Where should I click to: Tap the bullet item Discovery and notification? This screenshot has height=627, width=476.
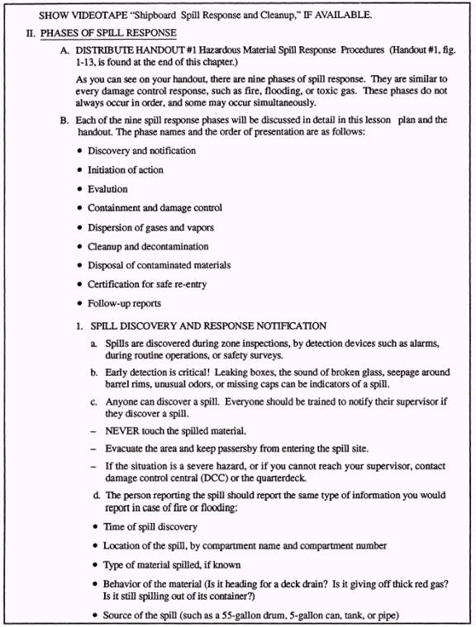click(141, 150)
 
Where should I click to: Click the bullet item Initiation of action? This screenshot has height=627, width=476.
click(126, 169)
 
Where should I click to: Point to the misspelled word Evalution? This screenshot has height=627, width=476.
click(107, 188)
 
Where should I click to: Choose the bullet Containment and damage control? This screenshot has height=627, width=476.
click(155, 207)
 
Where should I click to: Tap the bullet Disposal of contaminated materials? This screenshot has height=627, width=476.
click(159, 265)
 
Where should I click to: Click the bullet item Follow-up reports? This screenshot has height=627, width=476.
click(124, 303)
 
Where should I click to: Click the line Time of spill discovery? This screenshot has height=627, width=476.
click(150, 526)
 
